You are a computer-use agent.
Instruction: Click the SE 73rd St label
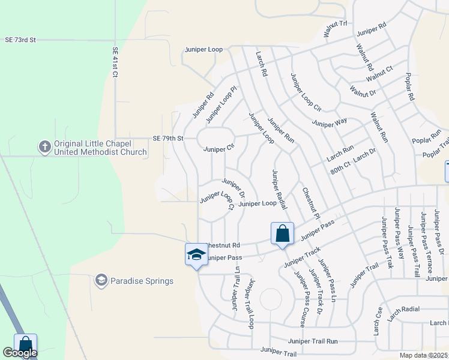[20, 40]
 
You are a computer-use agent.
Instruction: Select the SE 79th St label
[167, 138]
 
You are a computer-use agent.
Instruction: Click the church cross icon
[44, 146]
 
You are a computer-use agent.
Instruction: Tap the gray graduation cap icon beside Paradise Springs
[101, 280]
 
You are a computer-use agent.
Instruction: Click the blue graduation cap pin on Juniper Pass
[196, 254]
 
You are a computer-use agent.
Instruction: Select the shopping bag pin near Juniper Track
[282, 233]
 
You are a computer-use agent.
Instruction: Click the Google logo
[20, 353]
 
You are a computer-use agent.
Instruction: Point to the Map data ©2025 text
[423, 355]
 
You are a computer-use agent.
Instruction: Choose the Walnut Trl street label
[336, 28]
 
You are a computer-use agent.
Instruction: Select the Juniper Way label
[329, 122]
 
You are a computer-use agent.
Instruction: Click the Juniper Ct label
[219, 148]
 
